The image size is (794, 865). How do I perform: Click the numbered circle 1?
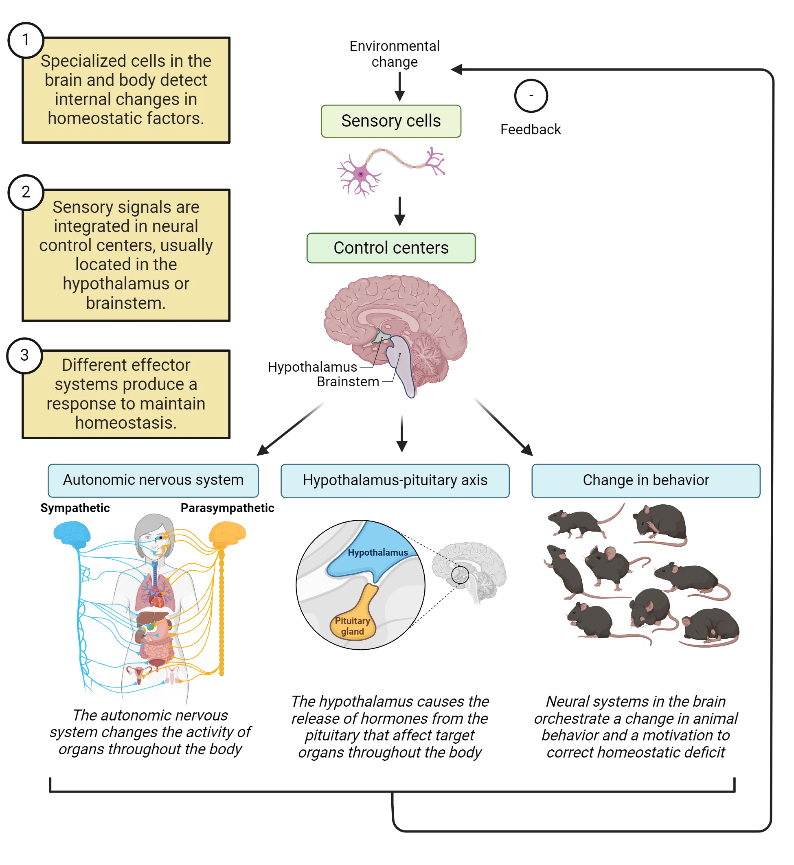coord(26,40)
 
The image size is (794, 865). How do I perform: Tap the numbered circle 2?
coord(26,192)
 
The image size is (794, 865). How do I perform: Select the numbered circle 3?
coord(24,355)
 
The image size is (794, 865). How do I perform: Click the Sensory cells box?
coord(390,121)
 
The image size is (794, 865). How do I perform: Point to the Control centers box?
coord(390,248)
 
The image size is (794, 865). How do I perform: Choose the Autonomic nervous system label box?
coord(153,480)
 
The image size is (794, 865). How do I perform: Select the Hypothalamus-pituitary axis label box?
coord(395,480)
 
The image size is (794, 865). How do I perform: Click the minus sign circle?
coord(531,95)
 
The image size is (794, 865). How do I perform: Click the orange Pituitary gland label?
coord(352,626)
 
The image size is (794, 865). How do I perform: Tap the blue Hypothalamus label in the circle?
coord(377,552)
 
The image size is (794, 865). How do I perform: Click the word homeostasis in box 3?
coord(126,423)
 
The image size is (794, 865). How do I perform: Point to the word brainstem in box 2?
coord(125,303)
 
